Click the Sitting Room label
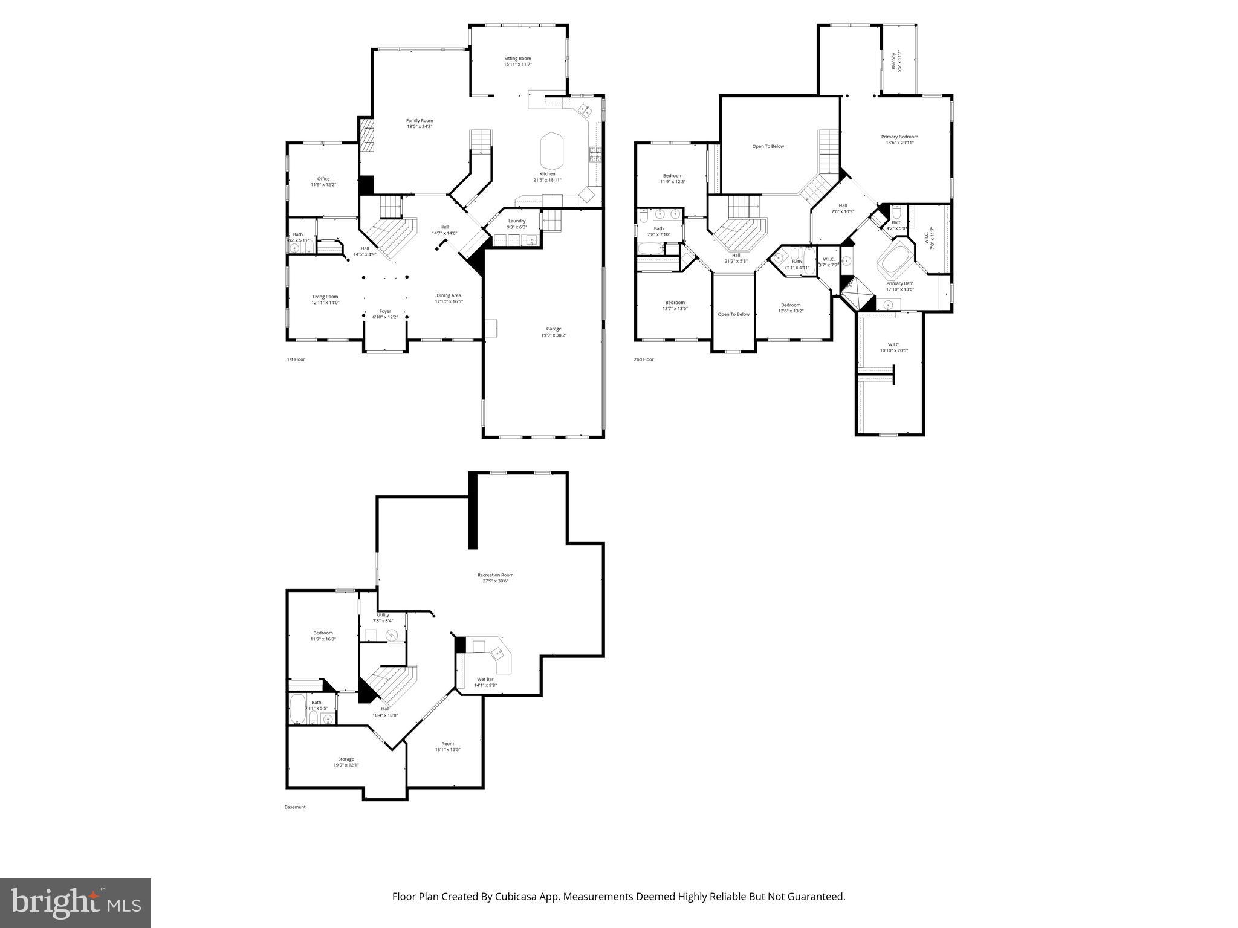(517, 61)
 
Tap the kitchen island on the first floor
(551, 151)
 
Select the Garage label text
(553, 332)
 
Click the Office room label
(323, 181)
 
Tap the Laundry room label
(517, 224)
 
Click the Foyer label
(385, 314)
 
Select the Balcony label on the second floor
(896, 62)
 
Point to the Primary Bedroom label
(899, 140)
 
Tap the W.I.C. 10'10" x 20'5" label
(894, 347)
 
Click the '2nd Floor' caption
(644, 359)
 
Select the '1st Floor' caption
(296, 359)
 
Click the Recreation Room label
(495, 578)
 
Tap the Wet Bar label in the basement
(485, 682)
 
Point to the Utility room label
(383, 617)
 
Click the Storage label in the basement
(346, 762)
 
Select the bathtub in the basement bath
(297, 709)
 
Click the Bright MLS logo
(76, 903)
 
